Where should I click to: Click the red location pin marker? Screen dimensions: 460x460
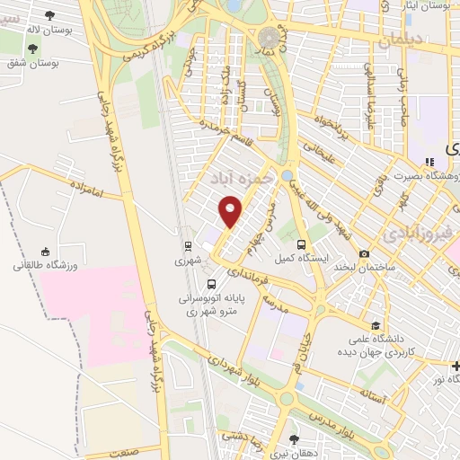click(231, 211)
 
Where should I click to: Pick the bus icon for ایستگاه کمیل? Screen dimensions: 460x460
click(302, 244)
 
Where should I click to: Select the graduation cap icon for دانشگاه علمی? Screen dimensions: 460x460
click(375, 325)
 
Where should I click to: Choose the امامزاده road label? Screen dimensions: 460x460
click(86, 186)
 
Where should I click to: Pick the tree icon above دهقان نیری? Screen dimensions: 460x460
click(294, 438)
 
